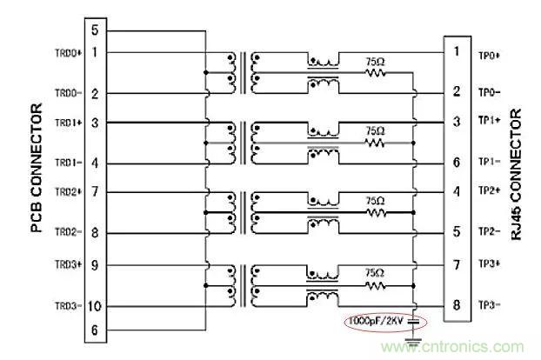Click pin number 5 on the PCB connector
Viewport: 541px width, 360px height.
pyautogui.click(x=95, y=31)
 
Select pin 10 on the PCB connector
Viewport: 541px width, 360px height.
pyautogui.click(x=94, y=306)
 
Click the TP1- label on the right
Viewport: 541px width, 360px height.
pyautogui.click(x=489, y=162)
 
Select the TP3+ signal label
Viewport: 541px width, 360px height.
pyautogui.click(x=489, y=263)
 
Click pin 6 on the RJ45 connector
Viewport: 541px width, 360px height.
pyautogui.click(x=456, y=162)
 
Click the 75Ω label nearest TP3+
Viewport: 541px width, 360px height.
pyautogui.click(x=375, y=270)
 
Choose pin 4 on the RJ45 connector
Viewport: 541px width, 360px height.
pyautogui.click(x=456, y=191)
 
